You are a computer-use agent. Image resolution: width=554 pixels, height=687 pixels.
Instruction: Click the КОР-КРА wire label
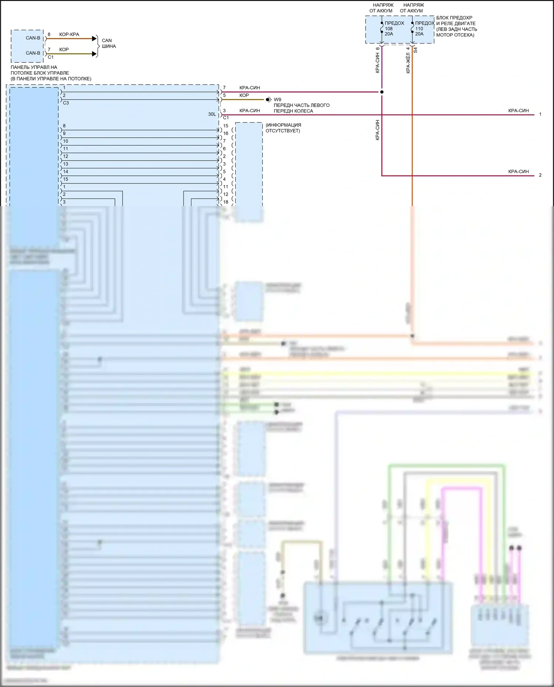point(69,34)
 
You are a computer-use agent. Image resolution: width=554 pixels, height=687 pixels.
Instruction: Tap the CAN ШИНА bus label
point(109,43)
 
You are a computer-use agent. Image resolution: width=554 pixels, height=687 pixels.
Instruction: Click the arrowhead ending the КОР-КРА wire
point(95,39)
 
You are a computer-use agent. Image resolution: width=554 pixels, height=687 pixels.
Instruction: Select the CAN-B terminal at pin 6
point(33,38)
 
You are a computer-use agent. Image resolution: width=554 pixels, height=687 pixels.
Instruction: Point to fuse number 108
point(389,28)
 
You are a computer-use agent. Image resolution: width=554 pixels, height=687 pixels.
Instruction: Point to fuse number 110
point(419,28)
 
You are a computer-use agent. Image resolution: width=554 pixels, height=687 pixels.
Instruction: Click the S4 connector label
point(415,50)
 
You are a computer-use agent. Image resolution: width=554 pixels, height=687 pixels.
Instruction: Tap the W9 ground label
point(277,100)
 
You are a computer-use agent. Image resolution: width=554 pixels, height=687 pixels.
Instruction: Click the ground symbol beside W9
point(269,100)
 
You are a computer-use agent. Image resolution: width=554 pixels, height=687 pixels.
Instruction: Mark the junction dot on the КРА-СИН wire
point(382,92)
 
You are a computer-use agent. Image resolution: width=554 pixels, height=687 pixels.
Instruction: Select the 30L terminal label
point(212,114)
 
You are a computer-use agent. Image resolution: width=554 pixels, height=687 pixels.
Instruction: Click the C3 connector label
point(66,103)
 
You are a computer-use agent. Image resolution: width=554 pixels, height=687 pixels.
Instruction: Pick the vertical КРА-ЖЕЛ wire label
point(408,63)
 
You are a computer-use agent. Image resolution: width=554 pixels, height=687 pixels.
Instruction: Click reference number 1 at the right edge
point(540,114)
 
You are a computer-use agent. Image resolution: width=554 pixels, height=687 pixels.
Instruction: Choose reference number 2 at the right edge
point(540,175)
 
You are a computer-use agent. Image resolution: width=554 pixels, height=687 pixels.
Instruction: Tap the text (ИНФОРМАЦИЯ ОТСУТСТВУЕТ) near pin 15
point(283,128)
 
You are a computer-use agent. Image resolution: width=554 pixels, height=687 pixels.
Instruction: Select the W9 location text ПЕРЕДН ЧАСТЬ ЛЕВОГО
point(301,105)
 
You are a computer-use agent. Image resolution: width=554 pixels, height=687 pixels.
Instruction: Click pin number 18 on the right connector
point(226,202)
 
